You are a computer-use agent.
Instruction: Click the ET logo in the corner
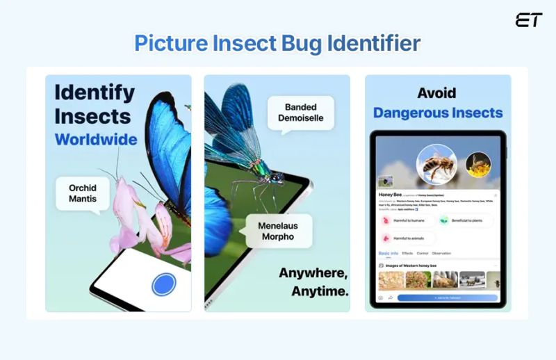pyautogui.click(x=528, y=20)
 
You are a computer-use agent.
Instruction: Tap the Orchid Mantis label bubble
pyautogui.click(x=83, y=194)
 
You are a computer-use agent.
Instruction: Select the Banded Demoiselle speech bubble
pyautogui.click(x=300, y=113)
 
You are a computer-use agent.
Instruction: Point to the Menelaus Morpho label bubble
pyautogui.click(x=277, y=231)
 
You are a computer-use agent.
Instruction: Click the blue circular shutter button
pyautogui.click(x=163, y=284)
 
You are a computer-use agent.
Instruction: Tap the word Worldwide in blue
pyautogui.click(x=96, y=139)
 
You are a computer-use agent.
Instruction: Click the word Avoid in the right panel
pyautogui.click(x=436, y=92)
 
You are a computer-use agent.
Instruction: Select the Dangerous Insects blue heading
pyautogui.click(x=437, y=113)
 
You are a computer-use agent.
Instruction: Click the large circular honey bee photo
pyautogui.click(x=436, y=165)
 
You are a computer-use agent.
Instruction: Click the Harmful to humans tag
pyautogui.click(x=407, y=220)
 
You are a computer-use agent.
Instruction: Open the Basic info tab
pyautogui.click(x=388, y=254)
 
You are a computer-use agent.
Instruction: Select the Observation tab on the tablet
pyautogui.click(x=441, y=254)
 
